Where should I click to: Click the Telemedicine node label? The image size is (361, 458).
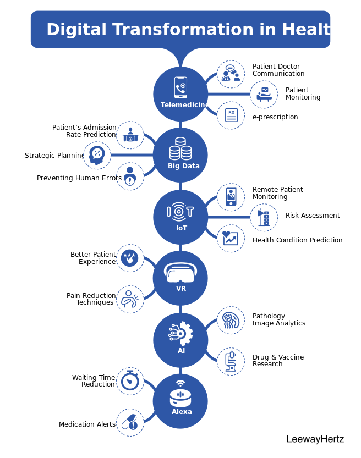[x=185, y=104]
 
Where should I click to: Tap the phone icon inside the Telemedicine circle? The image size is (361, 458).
[x=180, y=87]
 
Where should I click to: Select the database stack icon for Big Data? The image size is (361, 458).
[x=180, y=148]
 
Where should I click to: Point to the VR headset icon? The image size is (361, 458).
[x=180, y=272]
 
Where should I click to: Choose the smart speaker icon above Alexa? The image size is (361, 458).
[x=180, y=394]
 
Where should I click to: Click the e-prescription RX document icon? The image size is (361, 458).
[x=231, y=115]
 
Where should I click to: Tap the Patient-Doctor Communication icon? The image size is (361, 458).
[x=231, y=73]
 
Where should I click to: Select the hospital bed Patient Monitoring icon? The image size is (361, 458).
[x=264, y=94]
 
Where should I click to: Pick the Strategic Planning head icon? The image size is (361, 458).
[x=97, y=156]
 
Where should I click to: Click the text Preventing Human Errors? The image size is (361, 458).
[x=79, y=178]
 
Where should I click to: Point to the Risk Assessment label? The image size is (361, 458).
[x=313, y=216]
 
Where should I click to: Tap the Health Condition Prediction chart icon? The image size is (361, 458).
[x=231, y=238]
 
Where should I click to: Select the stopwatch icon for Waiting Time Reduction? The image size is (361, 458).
[x=130, y=380]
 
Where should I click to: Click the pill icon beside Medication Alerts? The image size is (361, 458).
[x=130, y=422]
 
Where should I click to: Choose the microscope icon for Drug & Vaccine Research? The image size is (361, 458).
[x=231, y=361]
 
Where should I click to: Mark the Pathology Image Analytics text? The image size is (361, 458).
[x=279, y=319]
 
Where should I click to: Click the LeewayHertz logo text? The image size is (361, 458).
[x=315, y=439]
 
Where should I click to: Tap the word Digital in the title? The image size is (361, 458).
[x=76, y=30]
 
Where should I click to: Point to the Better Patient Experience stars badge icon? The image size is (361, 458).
[x=129, y=258]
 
